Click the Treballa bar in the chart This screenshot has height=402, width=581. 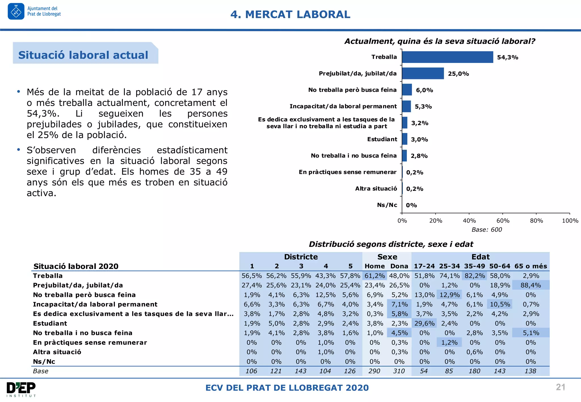447,57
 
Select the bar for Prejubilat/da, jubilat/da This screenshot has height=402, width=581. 423,73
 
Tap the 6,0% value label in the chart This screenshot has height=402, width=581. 424,90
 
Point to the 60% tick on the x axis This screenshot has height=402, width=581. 503,221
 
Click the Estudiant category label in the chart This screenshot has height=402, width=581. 382,139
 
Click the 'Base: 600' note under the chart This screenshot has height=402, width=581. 487,230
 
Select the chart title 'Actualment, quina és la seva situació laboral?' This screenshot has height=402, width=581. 440,41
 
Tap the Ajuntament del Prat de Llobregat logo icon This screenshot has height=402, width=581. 16,12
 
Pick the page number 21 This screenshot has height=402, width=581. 560,387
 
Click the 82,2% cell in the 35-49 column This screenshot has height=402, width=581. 475,276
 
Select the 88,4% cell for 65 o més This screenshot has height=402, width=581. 531,285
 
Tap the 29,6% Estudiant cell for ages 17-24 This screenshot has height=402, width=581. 424,323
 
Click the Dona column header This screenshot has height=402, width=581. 399,266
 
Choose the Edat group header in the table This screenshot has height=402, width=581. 480,257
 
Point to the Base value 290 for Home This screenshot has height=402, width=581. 374,371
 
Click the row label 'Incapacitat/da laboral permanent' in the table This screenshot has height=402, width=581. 95,304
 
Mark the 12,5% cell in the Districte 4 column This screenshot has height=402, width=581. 325,295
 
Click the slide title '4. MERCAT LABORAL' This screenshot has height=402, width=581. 290,14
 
